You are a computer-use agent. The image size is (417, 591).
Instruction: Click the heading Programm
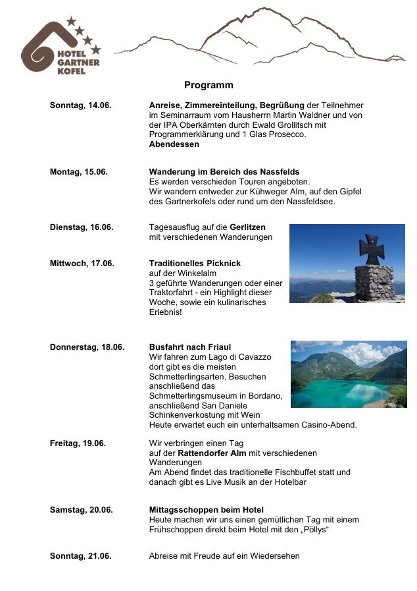(x=208, y=86)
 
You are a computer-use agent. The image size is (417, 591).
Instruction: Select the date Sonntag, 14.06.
(x=81, y=105)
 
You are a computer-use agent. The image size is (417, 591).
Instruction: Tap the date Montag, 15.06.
(x=79, y=172)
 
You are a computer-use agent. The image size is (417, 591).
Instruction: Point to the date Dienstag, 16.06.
(x=82, y=227)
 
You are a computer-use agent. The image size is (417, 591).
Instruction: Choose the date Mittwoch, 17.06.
(x=82, y=264)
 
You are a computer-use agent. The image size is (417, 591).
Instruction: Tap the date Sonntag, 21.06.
(x=81, y=556)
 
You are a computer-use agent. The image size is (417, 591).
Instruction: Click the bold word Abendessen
(x=174, y=144)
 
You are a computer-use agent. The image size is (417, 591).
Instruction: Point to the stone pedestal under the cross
(x=374, y=282)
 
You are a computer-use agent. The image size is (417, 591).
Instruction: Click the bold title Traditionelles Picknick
(x=195, y=264)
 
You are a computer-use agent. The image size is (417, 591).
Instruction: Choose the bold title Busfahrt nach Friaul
(x=190, y=347)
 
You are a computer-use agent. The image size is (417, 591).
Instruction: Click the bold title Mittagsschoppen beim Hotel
(x=207, y=510)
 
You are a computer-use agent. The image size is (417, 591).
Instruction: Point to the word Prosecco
(x=289, y=134)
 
